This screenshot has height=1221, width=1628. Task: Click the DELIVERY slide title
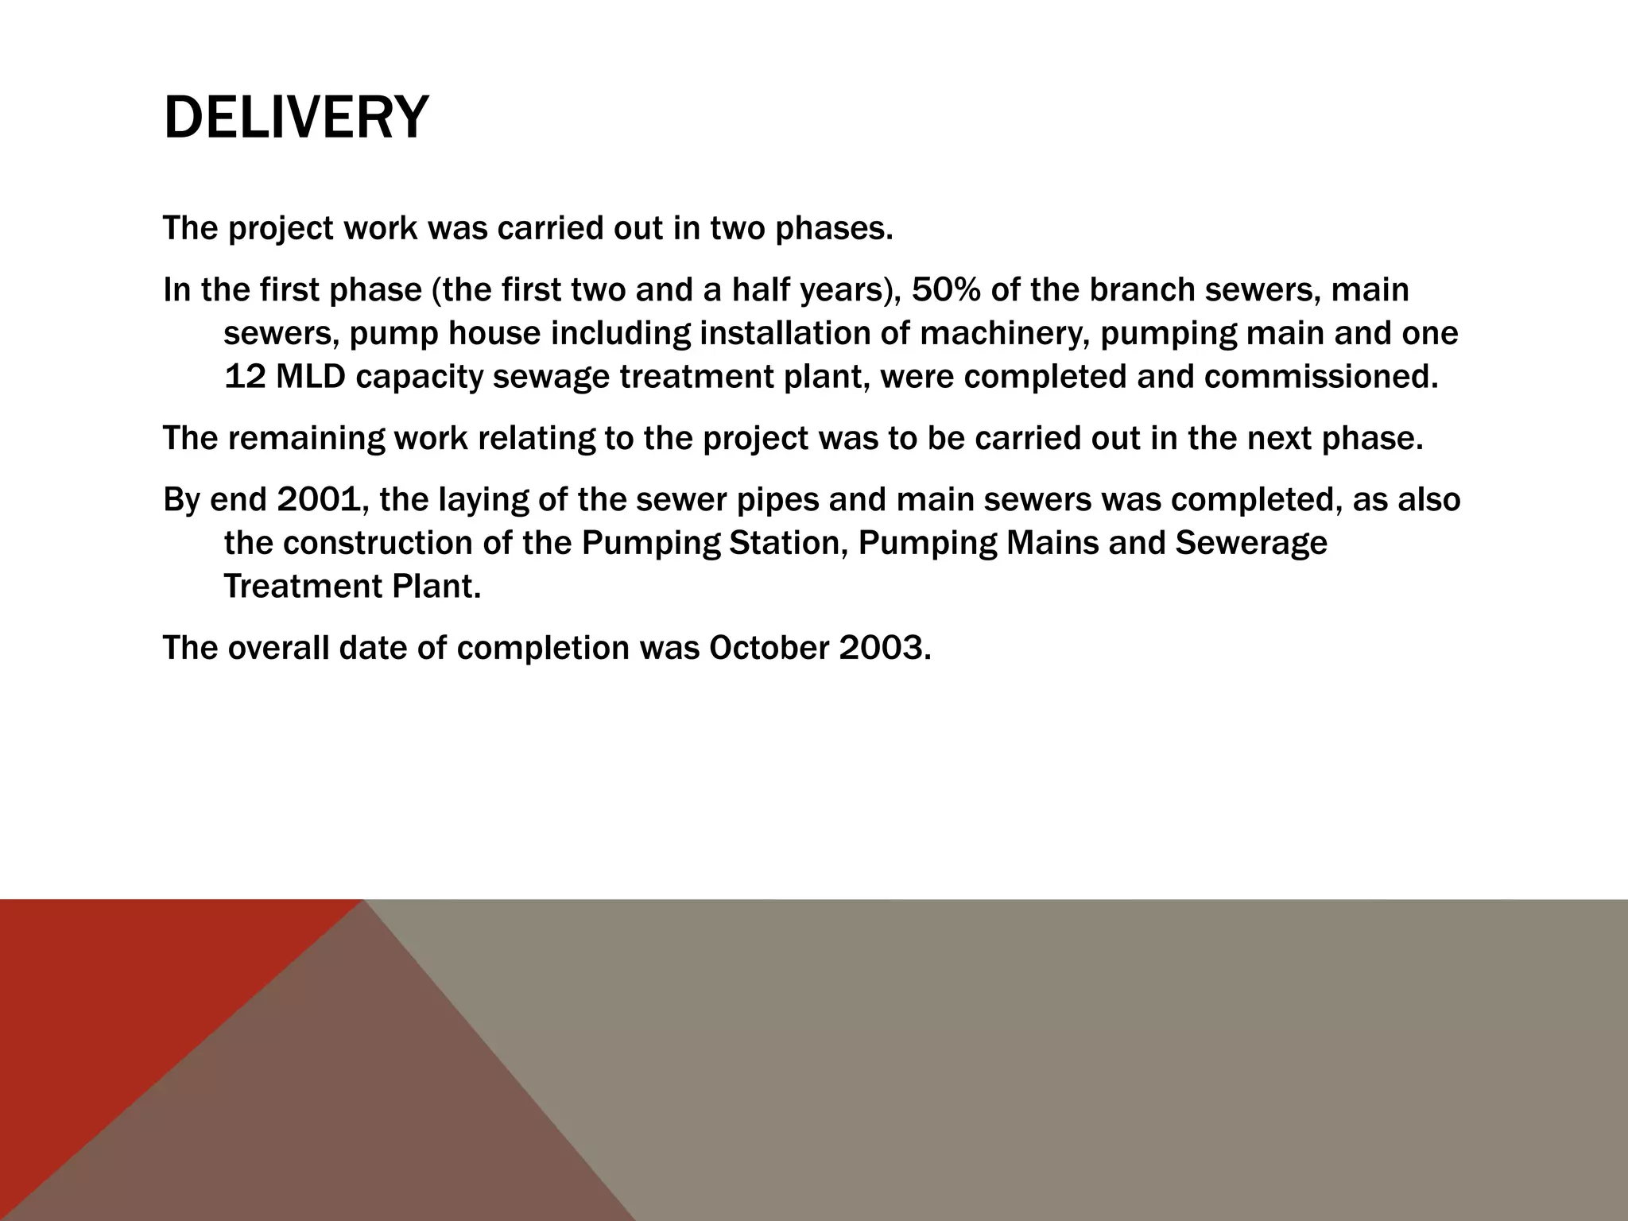(296, 118)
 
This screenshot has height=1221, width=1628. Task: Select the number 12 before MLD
(245, 376)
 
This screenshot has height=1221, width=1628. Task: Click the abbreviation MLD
(311, 376)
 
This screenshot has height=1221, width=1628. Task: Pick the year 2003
(883, 648)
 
